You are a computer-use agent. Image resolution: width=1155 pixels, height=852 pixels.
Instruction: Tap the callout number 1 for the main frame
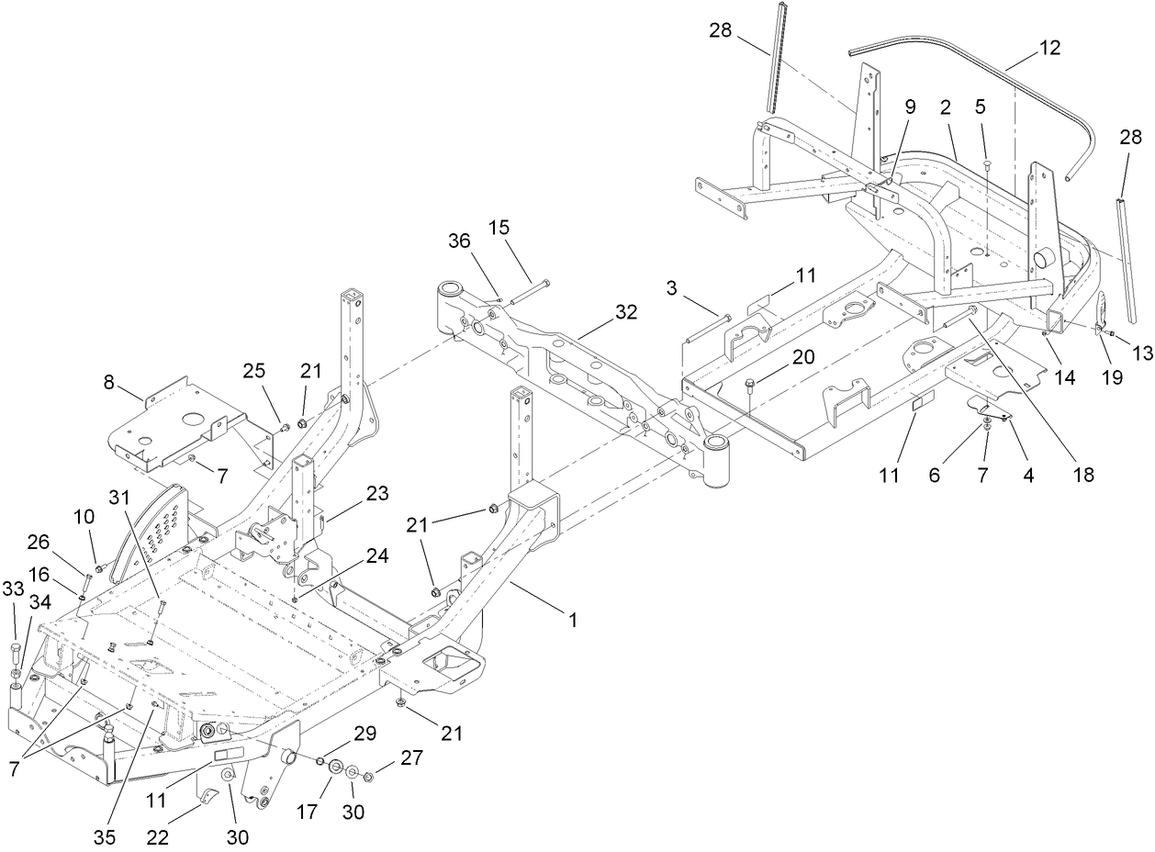click(573, 621)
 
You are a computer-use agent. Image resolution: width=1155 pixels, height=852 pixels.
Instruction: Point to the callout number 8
click(110, 382)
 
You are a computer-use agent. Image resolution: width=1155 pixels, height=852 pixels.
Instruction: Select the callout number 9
click(910, 106)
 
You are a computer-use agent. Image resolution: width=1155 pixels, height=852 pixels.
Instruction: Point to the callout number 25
click(254, 370)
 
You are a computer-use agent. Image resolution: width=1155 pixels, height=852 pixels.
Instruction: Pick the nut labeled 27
click(367, 777)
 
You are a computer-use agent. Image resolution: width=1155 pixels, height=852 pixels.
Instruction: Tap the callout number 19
click(1112, 377)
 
